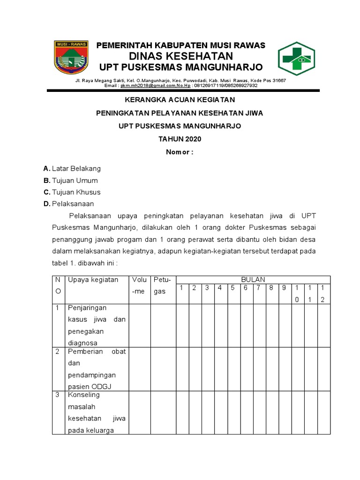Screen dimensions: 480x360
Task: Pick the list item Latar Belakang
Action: (76, 168)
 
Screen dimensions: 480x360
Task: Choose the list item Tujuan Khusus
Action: (76, 192)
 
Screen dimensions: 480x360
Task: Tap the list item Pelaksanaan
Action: (73, 204)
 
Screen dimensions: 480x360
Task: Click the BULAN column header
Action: (253, 279)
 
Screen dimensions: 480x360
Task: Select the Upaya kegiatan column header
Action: (93, 280)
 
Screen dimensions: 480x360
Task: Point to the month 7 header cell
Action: (258, 288)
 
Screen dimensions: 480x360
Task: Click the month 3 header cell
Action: (206, 288)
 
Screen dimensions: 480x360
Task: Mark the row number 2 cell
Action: (57, 352)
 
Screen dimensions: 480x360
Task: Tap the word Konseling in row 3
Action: (84, 395)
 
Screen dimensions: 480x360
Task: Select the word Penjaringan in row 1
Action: (87, 308)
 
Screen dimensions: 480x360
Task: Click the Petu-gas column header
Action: (161, 285)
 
